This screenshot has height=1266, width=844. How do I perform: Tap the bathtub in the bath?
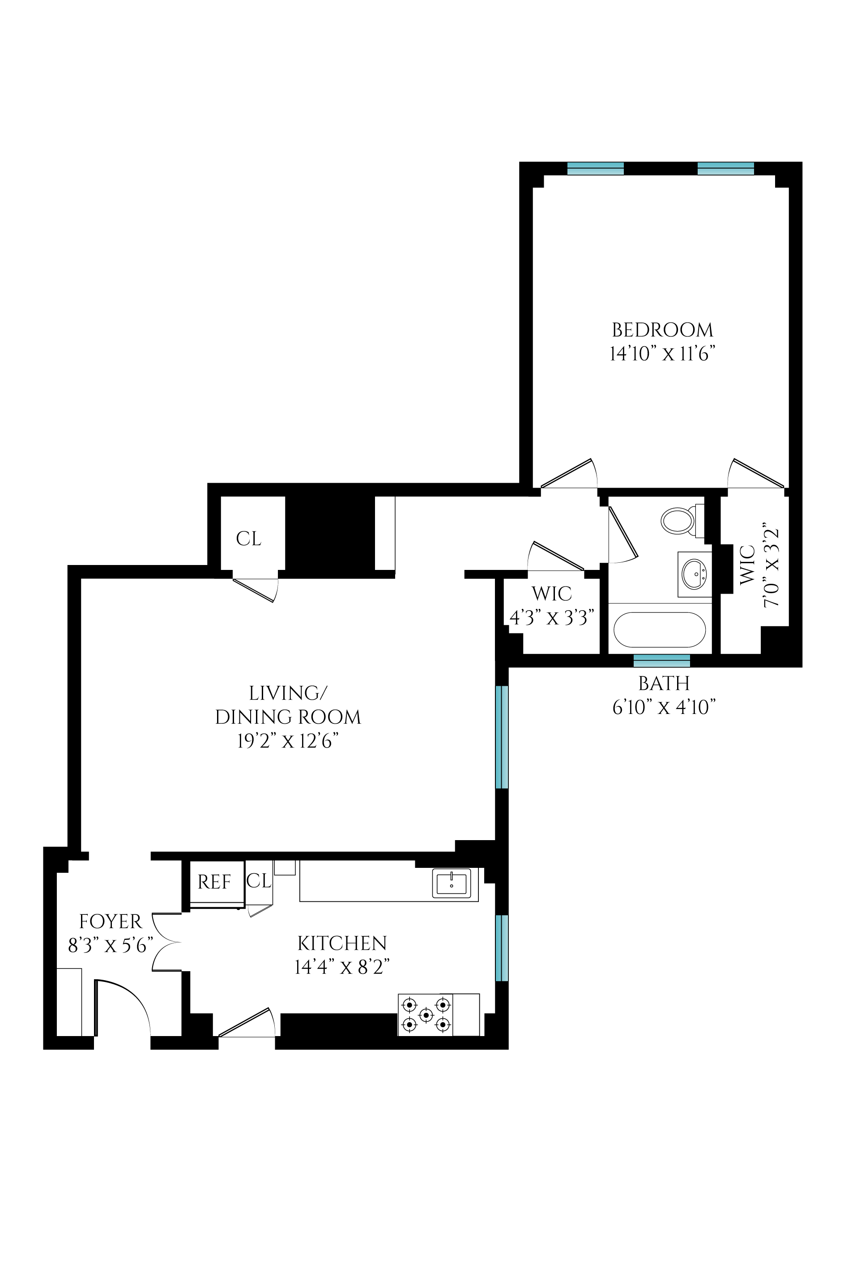659,629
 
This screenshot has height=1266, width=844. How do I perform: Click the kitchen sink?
451,883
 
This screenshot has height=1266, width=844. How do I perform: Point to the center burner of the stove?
426,1015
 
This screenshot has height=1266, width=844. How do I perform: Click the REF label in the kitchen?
214,882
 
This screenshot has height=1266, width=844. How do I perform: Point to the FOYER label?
111,922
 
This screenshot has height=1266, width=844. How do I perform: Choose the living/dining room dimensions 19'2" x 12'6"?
288,741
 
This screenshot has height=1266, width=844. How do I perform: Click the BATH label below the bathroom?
664,683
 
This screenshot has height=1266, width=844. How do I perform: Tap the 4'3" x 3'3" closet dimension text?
552,618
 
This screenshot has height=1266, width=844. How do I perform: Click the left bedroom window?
595,168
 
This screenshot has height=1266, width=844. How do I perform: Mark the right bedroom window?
725,168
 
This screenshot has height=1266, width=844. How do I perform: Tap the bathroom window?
661,661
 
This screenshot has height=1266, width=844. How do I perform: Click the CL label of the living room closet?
249,539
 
